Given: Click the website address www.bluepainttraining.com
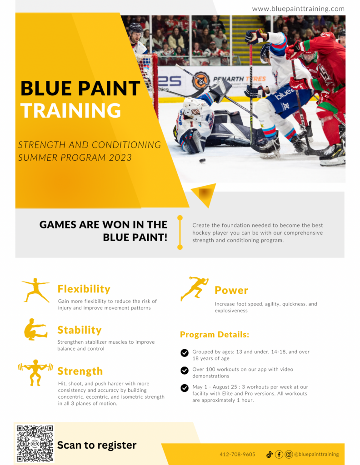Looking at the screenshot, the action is tap(298, 9).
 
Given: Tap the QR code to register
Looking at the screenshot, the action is tap(35, 443).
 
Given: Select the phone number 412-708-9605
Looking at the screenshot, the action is tap(237, 454).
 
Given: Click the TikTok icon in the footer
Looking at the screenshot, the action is tap(270, 454).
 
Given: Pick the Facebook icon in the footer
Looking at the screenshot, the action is tap(279, 454).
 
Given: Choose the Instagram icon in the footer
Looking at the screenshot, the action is tap(289, 454).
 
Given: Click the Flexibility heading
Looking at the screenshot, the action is tap(84, 289).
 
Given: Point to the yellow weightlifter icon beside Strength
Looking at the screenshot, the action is tap(35, 372).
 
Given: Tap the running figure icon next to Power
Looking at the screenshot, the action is tap(195, 288).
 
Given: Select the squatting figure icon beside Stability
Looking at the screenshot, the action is tap(35, 330).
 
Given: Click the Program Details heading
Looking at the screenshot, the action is tap(215, 335).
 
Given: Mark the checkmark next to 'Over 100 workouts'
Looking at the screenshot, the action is tap(185, 371).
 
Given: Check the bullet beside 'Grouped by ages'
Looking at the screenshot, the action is tap(185, 353).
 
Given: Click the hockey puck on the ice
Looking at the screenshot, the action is tap(202, 161).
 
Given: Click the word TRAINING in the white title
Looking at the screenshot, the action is tap(71, 110).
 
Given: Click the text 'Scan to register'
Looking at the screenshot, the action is tap(97, 445).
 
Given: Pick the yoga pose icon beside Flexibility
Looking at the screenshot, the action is tap(35, 290).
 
